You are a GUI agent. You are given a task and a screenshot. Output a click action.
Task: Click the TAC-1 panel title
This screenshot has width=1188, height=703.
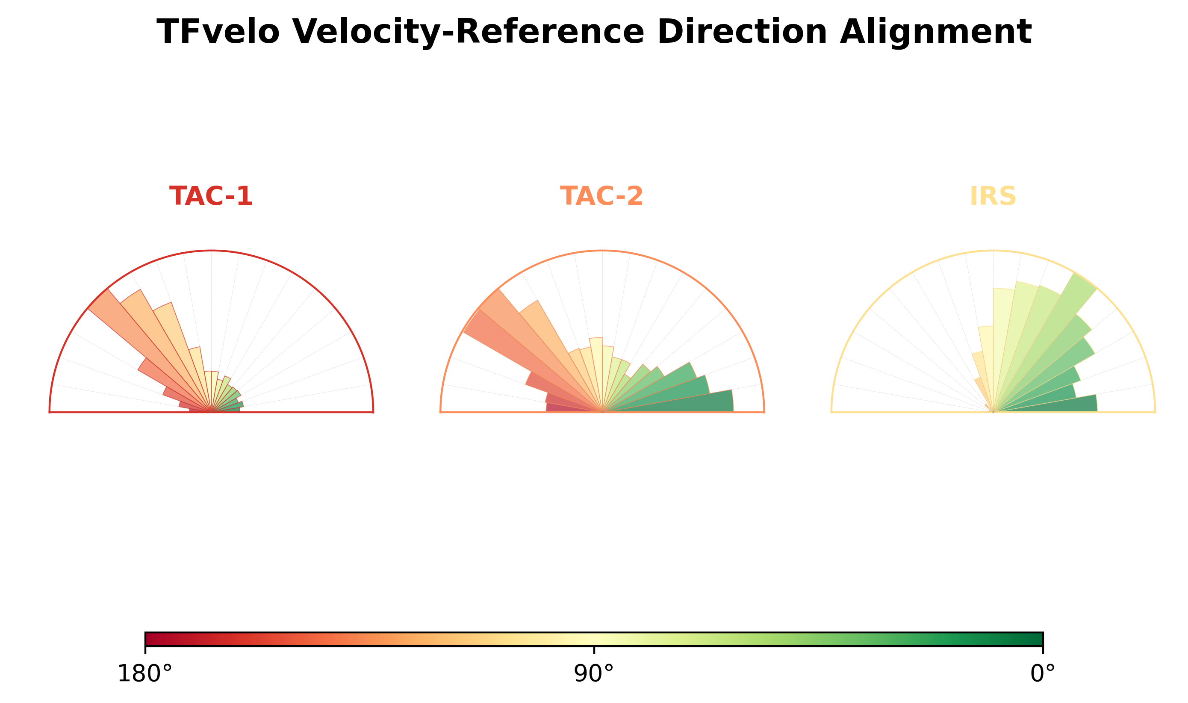pos(211,196)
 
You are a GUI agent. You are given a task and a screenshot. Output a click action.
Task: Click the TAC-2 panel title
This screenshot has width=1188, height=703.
pos(601,196)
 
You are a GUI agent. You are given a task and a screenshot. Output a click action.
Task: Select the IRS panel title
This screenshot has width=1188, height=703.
pos(993,196)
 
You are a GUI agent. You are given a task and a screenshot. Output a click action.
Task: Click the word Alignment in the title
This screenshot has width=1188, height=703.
pos(936,32)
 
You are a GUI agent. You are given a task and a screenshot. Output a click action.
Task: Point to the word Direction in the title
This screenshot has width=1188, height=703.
pos(742,32)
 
